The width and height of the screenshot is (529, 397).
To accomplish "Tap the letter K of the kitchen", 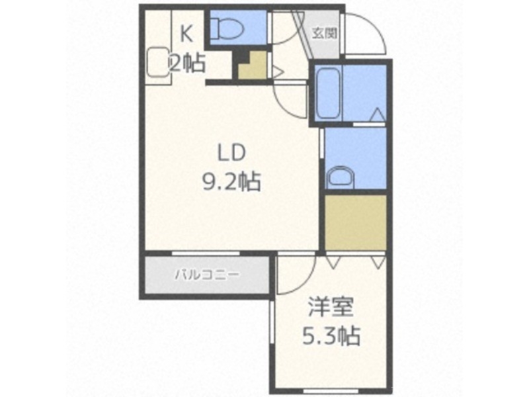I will tap(186, 31).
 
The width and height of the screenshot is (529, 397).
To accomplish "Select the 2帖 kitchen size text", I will tap(186, 63).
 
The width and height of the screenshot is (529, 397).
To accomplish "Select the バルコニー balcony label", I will tap(206, 274).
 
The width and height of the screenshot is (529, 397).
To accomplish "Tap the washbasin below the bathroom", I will tap(341, 178).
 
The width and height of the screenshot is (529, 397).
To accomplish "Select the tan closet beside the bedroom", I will tap(355, 222).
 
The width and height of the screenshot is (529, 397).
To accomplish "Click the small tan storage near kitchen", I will tap(254, 67).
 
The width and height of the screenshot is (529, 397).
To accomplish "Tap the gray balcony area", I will tap(206, 274).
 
